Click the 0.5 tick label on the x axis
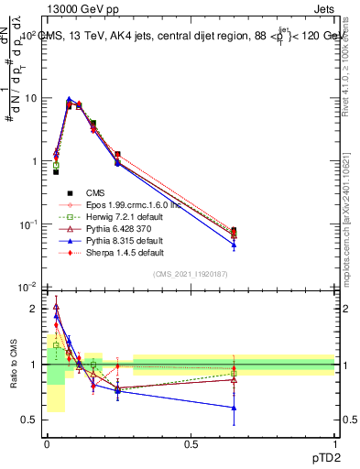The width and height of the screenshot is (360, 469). pos(191,443)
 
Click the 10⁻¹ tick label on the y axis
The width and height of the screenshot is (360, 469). pos(27,224)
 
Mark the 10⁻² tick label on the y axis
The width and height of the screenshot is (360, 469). pos(27,288)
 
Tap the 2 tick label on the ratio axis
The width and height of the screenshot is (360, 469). pos(34,309)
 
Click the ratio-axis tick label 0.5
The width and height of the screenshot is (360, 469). pos(30,420)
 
